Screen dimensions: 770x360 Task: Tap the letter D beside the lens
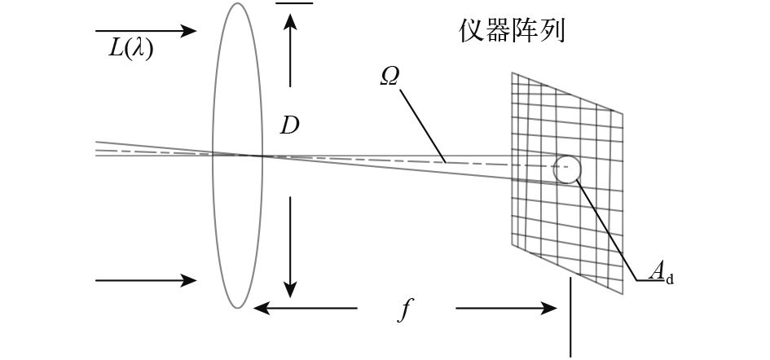pos(289,125)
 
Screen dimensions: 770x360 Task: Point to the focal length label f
pos(405,310)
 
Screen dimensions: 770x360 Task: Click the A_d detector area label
pos(661,274)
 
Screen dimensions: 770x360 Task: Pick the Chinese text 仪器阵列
pos(511,31)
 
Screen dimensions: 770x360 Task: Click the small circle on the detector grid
pos(567,169)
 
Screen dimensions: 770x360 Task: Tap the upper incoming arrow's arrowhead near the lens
pos(191,31)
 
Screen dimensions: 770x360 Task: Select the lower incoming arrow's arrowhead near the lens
pos(191,281)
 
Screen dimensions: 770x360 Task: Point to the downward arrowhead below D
pos(289,291)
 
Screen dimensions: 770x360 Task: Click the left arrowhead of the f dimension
pos(257,309)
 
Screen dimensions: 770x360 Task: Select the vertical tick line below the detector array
pos(570,318)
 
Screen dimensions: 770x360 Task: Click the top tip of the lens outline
pos(237,4)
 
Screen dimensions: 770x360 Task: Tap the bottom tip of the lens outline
pos(237,307)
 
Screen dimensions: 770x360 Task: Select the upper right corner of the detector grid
pos(623,113)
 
